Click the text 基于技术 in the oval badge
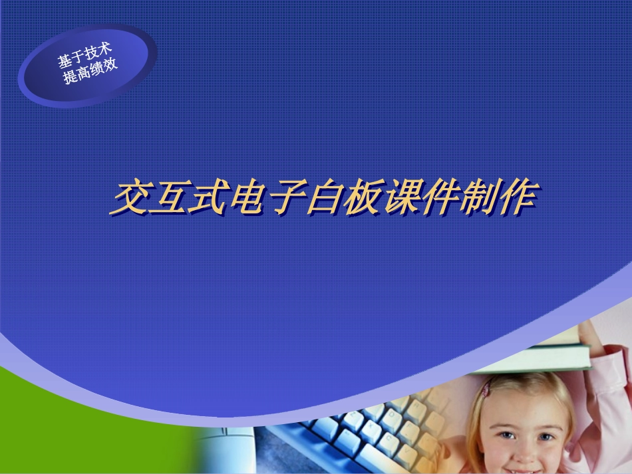coord(84,56)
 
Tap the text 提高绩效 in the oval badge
coord(90,71)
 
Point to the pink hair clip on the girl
coord(487,388)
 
